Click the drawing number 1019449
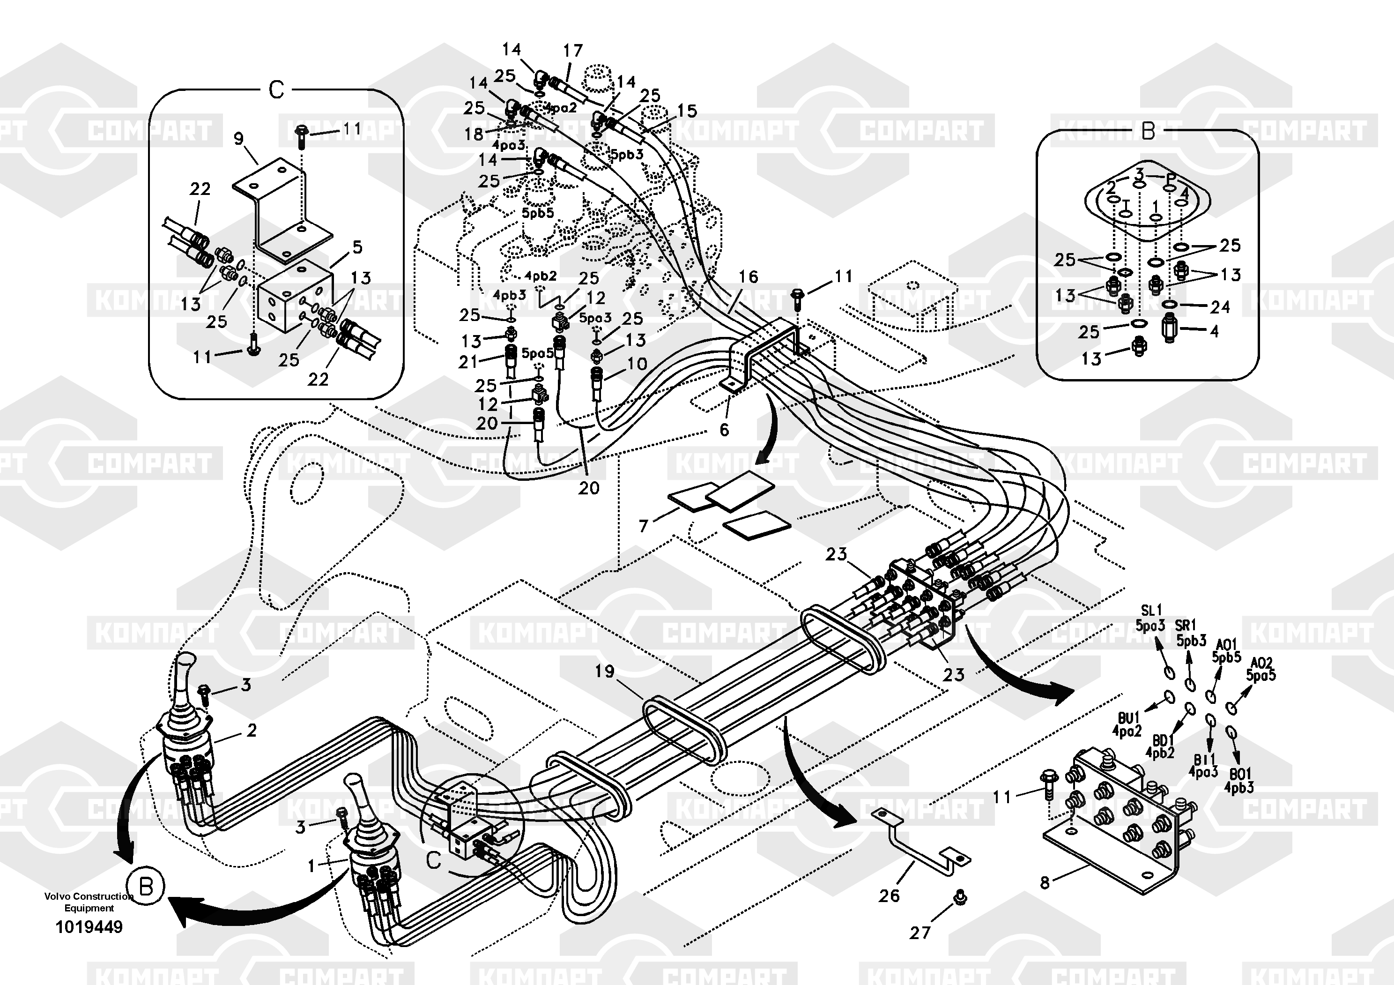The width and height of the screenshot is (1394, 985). click(89, 927)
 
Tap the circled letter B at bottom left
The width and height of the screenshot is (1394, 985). click(146, 887)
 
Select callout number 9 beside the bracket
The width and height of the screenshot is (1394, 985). click(238, 139)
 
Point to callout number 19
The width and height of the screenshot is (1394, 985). click(604, 671)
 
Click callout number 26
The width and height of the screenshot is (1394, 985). click(889, 895)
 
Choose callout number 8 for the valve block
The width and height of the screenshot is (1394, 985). click(1044, 882)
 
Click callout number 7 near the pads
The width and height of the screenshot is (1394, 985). click(644, 525)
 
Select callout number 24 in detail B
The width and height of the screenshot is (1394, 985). click(1220, 307)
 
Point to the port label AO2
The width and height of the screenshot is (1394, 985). click(1261, 663)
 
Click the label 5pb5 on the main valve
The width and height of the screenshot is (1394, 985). click(537, 213)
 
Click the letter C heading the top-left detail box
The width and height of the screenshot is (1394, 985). click(276, 90)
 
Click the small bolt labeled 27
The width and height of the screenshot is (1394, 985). click(961, 896)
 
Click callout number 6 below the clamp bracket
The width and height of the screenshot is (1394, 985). click(724, 430)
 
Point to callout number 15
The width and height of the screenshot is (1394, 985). click(687, 111)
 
